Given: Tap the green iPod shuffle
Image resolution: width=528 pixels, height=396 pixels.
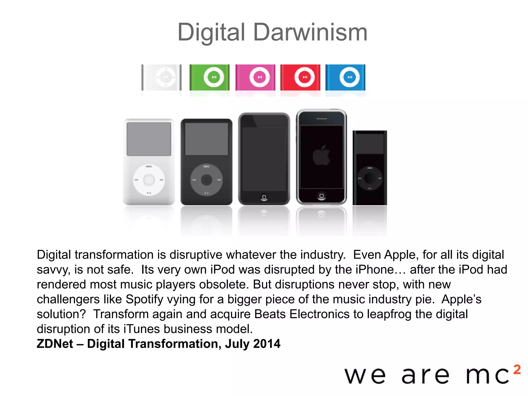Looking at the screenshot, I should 209,77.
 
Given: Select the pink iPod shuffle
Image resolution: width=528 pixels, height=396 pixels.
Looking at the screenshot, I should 255,77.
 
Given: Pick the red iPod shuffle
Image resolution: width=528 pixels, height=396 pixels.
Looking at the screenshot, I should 300,77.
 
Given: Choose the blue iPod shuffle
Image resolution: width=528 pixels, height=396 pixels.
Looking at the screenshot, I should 345,77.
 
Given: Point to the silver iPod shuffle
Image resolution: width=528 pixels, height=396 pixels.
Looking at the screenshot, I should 162,77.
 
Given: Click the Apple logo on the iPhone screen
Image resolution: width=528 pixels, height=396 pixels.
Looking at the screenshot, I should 321,155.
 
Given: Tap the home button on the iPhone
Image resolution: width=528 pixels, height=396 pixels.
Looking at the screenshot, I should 321,196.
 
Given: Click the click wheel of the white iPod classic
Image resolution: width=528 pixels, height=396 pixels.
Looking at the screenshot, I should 149,180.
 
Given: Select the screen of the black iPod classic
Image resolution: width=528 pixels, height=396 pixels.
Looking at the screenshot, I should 207,139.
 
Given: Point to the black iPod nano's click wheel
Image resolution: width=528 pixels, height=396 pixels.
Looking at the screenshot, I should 369,178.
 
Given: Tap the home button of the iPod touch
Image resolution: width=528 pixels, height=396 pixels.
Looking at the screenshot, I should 264,197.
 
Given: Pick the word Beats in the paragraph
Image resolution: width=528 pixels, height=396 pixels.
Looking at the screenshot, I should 270,314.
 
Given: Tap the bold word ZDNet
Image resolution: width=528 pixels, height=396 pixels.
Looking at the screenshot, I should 55,344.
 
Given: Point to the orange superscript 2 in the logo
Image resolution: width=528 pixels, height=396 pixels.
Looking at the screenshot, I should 517,369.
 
